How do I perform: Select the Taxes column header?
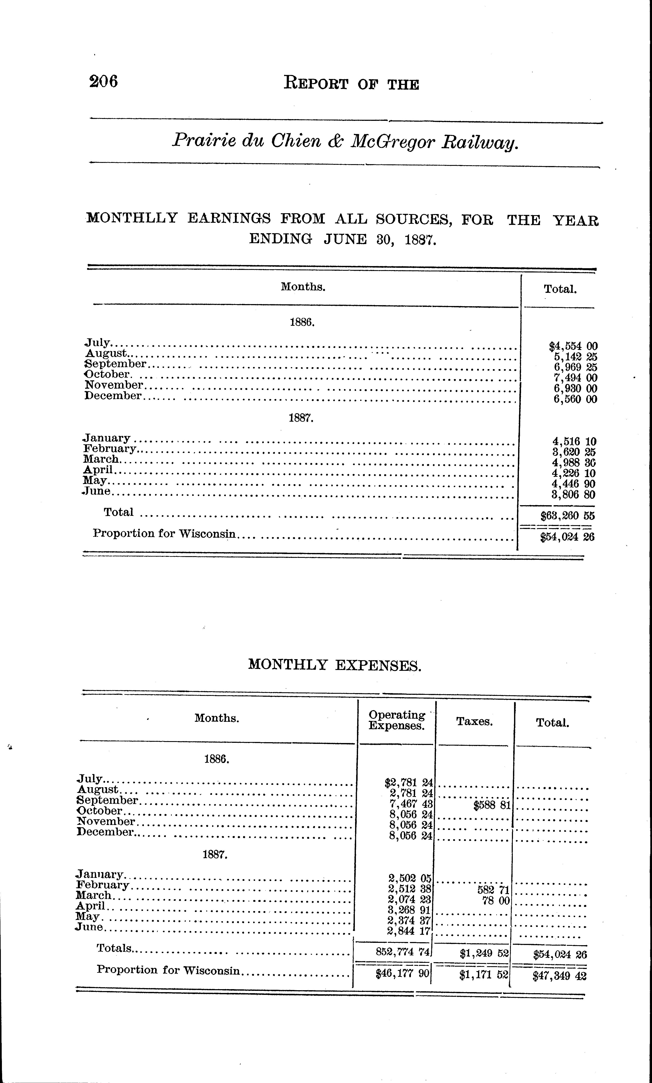pyautogui.click(x=474, y=722)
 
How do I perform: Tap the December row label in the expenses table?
pyautogui.click(x=105, y=832)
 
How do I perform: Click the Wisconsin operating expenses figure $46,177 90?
pyautogui.click(x=402, y=974)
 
